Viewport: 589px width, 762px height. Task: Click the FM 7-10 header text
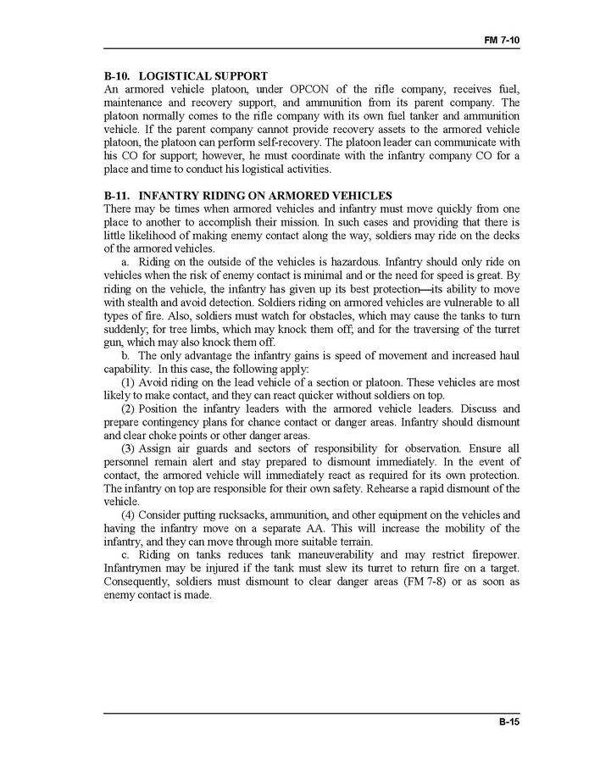pos(501,40)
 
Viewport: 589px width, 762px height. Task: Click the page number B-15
pos(508,722)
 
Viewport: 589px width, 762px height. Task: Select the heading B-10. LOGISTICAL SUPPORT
pos(186,75)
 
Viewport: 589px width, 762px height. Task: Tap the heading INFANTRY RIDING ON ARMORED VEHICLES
pos(247,196)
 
